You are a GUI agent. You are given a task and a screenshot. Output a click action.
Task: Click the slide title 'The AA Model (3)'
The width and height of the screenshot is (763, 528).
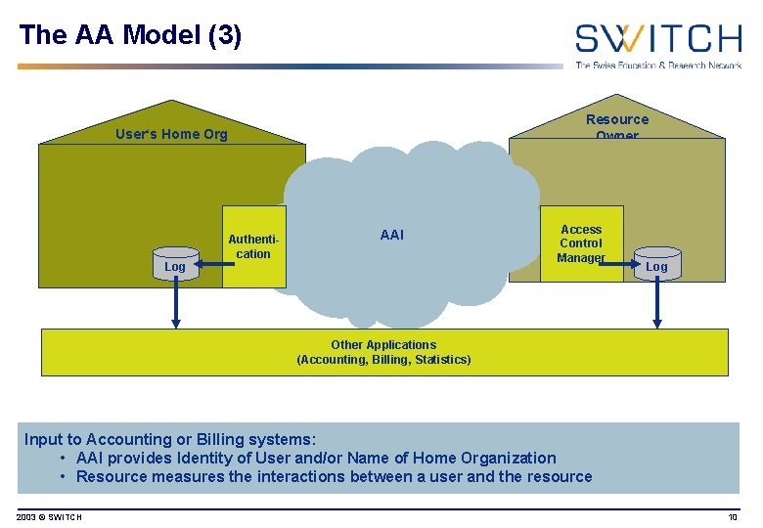pos(129,35)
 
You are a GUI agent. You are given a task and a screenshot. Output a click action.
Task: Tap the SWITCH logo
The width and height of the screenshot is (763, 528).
pos(657,44)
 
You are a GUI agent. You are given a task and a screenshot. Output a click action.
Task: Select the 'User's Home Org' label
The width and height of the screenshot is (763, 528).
pos(171,134)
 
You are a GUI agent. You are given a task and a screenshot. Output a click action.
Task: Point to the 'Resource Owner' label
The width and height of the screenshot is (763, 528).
pos(616,126)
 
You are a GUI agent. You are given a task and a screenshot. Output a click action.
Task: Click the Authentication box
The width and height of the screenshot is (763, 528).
pos(253,246)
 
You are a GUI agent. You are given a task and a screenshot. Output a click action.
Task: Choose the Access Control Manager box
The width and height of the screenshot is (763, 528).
pos(581,243)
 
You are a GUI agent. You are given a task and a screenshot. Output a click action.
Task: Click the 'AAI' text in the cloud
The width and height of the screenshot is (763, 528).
pos(391,235)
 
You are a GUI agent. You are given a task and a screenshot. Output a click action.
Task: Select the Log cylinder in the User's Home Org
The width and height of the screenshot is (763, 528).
pos(175,265)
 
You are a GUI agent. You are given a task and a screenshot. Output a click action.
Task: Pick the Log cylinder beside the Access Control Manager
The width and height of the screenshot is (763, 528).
pos(656,265)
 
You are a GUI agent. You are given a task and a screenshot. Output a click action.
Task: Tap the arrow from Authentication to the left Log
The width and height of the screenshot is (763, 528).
pos(209,263)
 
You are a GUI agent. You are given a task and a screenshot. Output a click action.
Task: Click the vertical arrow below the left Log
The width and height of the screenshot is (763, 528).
pos(176,303)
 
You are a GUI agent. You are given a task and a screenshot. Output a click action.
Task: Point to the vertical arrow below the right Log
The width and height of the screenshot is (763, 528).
pos(656,303)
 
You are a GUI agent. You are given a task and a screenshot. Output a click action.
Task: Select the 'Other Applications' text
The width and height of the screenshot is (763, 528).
pos(383,344)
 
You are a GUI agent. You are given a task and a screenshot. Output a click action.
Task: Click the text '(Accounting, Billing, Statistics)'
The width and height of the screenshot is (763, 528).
pos(383,360)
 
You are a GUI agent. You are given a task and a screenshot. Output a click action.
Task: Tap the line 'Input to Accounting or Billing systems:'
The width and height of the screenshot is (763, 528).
pos(170,439)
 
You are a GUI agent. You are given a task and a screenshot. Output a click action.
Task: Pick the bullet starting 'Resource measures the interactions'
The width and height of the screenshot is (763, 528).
pos(333,476)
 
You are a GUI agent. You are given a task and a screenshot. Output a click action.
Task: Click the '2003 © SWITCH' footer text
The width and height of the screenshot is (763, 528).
pos(49,516)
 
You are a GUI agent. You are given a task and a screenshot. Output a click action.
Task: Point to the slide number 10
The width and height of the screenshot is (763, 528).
pos(732,516)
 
